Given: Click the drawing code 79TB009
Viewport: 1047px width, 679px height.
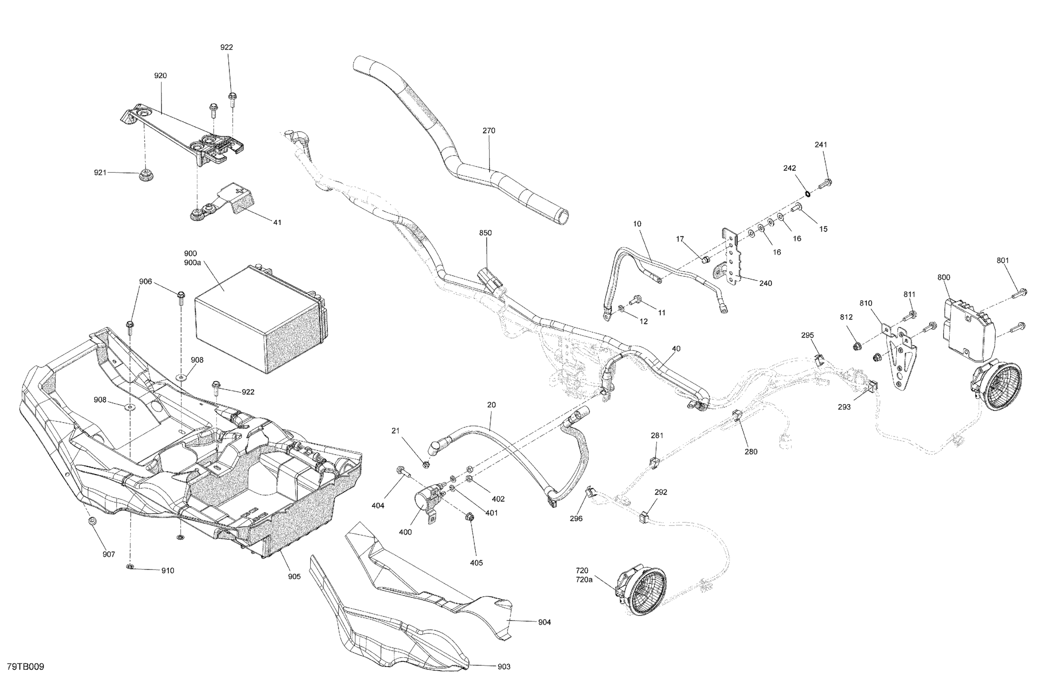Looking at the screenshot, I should [26, 667].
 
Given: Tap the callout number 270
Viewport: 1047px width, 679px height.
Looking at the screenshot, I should [489, 131].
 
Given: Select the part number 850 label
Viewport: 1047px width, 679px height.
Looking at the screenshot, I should [485, 233].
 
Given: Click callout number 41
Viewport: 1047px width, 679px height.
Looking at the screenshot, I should [277, 222].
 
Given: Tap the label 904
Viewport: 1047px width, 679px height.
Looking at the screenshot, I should [544, 622].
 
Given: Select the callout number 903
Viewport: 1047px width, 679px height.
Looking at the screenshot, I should [504, 666].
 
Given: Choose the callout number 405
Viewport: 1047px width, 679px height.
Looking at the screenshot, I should [476, 562].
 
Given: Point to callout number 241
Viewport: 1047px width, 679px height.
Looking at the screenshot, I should [821, 145].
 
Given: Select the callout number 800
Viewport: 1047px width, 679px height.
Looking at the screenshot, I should [944, 277].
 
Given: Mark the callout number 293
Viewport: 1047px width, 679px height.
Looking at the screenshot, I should [844, 407].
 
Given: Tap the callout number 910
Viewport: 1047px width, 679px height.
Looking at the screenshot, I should [168, 571].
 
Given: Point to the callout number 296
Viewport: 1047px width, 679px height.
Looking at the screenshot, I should [576, 518].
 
